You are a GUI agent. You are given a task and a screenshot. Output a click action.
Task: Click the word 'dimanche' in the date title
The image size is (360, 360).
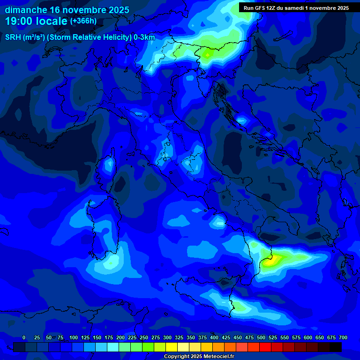point(25,10)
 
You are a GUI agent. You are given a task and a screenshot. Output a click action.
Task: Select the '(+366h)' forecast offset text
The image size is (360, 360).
point(83,21)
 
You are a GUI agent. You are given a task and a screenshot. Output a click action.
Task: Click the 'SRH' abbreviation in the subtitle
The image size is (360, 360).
point(13,37)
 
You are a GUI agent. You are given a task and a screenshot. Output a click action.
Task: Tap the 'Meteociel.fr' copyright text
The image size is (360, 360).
point(216,357)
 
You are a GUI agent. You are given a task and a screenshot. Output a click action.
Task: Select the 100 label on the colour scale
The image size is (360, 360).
point(74,337)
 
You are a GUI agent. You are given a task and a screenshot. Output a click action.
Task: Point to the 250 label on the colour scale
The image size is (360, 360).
point(144,337)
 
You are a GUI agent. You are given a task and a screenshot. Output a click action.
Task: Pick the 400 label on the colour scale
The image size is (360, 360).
point(214,337)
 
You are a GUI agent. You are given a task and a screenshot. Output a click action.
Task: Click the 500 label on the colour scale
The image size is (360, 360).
point(261,337)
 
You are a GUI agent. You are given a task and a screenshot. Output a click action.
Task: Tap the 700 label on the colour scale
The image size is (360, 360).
point(343,337)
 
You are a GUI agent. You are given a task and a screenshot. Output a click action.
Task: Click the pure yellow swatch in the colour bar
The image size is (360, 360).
point(172,347)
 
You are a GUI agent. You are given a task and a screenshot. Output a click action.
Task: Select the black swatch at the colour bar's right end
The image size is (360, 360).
point(336,347)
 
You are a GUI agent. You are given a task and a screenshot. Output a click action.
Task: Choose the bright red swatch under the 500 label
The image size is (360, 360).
point(265,347)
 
